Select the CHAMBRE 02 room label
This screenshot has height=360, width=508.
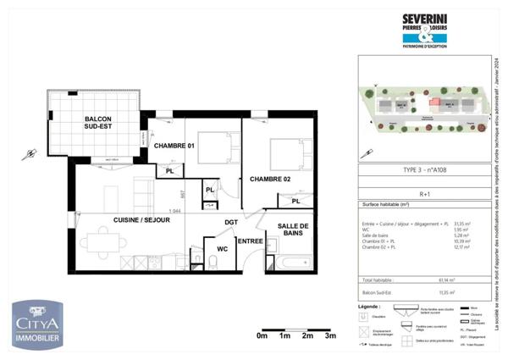[x=268, y=180]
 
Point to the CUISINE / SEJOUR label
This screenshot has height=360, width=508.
[x=141, y=219]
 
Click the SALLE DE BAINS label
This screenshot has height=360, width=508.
[x=292, y=230]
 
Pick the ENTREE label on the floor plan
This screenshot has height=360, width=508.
[x=250, y=241]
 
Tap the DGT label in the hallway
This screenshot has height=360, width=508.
[x=230, y=222]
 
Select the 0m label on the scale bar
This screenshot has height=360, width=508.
[x=262, y=335]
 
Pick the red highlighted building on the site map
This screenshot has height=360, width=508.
[x=437, y=103]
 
